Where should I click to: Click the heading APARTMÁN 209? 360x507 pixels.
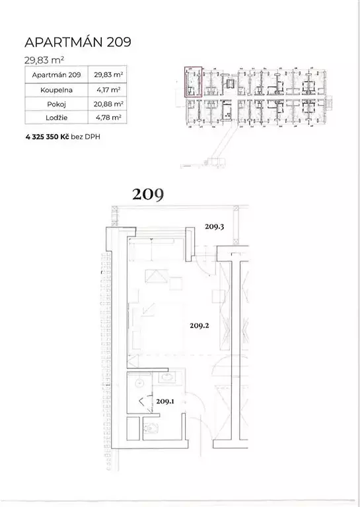click(78, 42)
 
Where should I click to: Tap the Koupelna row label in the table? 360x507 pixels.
click(56, 90)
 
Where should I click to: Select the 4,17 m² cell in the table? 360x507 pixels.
click(108, 90)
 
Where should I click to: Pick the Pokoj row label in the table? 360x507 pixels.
click(56, 104)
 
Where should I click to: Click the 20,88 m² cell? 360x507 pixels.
click(108, 104)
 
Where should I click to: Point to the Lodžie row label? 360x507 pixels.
click(56, 118)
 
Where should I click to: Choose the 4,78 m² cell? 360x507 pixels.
click(108, 118)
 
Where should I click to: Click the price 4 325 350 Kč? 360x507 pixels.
click(47, 137)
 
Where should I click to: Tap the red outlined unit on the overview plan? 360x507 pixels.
click(193, 82)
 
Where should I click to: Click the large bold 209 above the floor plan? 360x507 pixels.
click(148, 194)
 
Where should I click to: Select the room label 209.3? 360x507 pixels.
click(215, 226)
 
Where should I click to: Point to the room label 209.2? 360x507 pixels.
click(199, 325)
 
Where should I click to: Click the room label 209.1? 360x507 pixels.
click(165, 401)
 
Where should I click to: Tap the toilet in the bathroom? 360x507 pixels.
click(151, 428)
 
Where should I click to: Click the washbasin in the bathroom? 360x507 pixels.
click(167, 376)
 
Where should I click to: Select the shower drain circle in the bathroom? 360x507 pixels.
click(140, 382)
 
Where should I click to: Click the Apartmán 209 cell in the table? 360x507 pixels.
click(56, 75)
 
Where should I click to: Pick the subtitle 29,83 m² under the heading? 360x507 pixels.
click(44, 60)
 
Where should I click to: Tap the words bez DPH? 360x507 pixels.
click(85, 137)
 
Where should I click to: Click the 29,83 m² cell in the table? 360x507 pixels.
click(108, 75)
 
